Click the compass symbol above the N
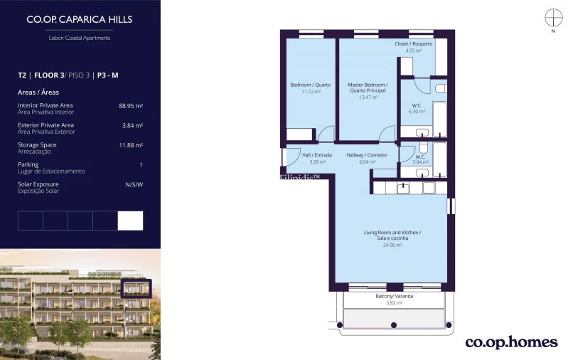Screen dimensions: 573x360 (554, 18)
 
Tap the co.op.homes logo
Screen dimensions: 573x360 (512, 342)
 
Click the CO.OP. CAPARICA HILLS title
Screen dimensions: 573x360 (80, 19)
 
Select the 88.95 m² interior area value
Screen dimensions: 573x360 (131, 106)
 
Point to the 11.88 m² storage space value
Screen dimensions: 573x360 (131, 145)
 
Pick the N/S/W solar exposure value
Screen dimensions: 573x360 (134, 185)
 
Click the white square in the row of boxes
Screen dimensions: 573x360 (131, 221)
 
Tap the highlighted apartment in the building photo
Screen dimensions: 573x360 (136, 289)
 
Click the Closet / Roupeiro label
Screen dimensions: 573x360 (413, 43)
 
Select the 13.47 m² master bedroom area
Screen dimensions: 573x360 (368, 97)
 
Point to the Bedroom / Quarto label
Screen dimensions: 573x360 (310, 85)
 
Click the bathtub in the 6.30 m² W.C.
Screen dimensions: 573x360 (439, 119)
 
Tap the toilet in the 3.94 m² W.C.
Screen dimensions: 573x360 (423, 147)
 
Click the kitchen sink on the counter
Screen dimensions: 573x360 (403, 188)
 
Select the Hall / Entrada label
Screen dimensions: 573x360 (317, 155)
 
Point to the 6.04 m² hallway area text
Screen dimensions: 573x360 (367, 162)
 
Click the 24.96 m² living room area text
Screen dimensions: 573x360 (392, 245)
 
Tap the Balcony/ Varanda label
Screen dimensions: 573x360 (395, 297)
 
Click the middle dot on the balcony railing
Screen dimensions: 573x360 (394, 325)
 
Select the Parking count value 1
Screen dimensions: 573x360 (141, 165)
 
